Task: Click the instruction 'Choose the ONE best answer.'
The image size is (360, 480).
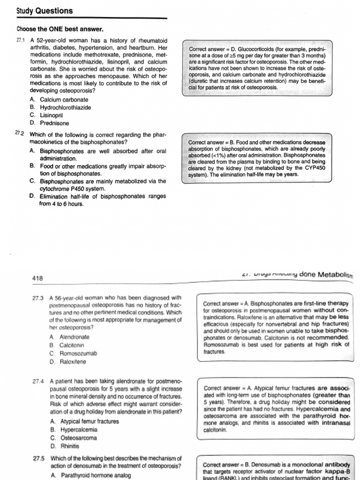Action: point(60,29)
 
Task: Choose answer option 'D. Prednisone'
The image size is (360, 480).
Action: point(49,123)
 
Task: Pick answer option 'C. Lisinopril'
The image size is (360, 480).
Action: point(46,115)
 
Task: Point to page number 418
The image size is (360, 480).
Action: point(37,278)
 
